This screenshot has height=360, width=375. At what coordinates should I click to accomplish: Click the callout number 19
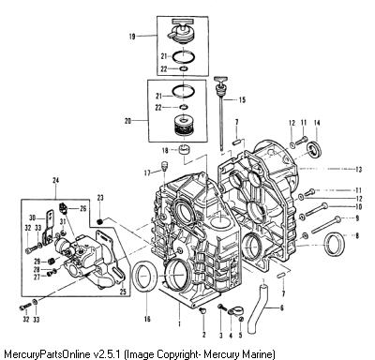(x=132, y=37)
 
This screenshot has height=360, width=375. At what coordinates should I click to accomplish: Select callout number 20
(x=127, y=121)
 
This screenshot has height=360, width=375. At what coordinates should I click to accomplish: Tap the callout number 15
(x=242, y=100)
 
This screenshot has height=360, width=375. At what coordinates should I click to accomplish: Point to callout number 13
(x=358, y=170)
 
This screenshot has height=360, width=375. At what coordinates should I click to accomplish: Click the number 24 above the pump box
(x=56, y=180)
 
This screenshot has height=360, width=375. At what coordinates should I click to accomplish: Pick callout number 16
(x=147, y=319)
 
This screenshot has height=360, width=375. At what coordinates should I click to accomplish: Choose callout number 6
(x=282, y=308)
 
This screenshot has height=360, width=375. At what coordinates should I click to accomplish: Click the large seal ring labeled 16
(x=143, y=277)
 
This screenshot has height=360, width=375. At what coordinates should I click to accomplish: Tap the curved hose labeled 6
(x=257, y=308)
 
